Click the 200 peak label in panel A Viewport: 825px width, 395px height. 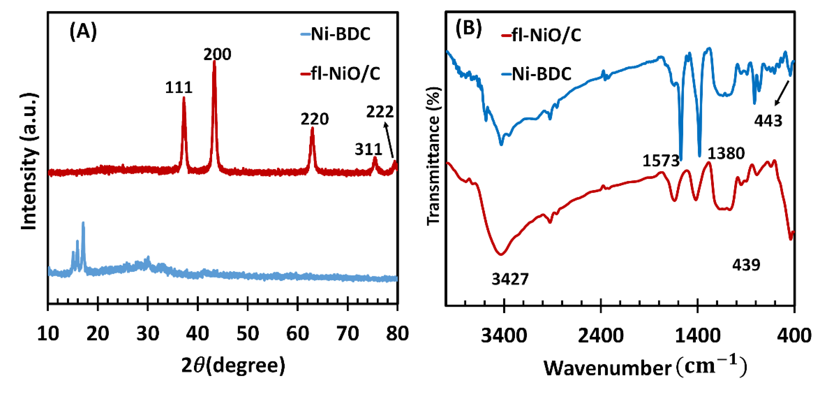[x=217, y=55]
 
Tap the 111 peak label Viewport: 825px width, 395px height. [x=179, y=88]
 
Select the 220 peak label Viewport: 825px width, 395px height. [x=314, y=119]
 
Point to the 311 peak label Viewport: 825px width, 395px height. [x=368, y=149]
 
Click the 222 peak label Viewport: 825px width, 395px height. [x=380, y=112]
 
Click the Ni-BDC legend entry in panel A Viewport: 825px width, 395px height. [x=336, y=34]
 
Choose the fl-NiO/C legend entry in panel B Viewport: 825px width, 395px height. [x=541, y=35]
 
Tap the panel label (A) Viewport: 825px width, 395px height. [x=83, y=32]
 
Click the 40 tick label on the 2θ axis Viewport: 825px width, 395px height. [x=198, y=334]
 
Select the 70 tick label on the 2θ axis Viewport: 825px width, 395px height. [x=348, y=334]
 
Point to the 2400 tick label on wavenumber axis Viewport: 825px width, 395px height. [x=601, y=335]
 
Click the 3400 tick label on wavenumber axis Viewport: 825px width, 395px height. [x=504, y=335]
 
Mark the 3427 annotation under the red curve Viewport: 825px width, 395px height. [x=510, y=279]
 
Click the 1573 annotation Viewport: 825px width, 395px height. [x=661, y=161]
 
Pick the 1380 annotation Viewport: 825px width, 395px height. [x=726, y=154]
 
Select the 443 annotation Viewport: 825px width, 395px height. [x=768, y=121]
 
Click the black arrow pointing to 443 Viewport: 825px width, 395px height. [x=782, y=93]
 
